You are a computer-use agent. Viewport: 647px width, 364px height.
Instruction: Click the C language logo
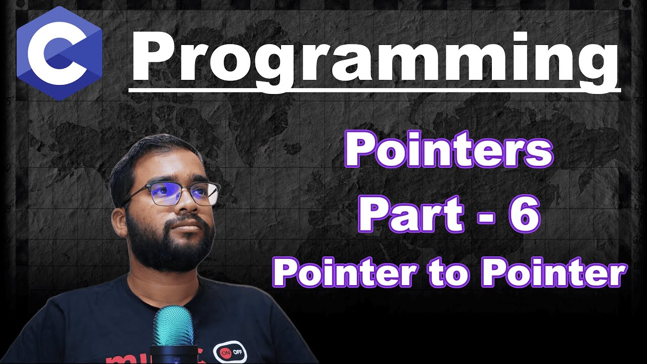60,53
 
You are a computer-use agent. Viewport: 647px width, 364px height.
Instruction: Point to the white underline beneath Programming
375,89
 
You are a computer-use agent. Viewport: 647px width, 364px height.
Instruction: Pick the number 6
524,214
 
